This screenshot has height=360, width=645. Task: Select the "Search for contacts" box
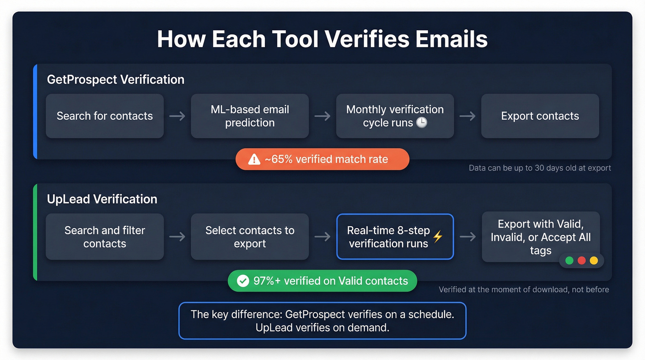point(105,116)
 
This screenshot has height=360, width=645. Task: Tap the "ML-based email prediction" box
point(250,116)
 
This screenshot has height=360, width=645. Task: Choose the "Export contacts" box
point(540,116)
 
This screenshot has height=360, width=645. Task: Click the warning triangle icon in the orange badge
point(254,159)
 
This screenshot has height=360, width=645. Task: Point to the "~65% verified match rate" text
point(326,159)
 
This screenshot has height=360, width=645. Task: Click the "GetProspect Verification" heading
point(116,80)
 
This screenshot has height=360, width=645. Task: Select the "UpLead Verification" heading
point(102,199)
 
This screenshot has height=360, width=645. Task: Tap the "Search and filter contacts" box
point(105,236)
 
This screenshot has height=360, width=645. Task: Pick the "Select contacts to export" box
point(250,236)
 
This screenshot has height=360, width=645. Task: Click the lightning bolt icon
point(438,236)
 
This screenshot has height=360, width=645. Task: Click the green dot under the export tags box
point(569,260)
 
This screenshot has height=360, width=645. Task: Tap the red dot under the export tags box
point(581,260)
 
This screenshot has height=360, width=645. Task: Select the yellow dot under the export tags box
point(594,260)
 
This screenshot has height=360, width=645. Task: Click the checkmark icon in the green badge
point(242,281)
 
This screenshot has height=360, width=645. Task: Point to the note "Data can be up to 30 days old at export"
point(540,168)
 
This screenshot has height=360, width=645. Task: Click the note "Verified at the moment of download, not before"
point(524,290)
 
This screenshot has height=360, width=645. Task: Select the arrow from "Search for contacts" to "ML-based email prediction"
point(177,116)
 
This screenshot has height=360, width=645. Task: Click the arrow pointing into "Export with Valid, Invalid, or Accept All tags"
point(468,236)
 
